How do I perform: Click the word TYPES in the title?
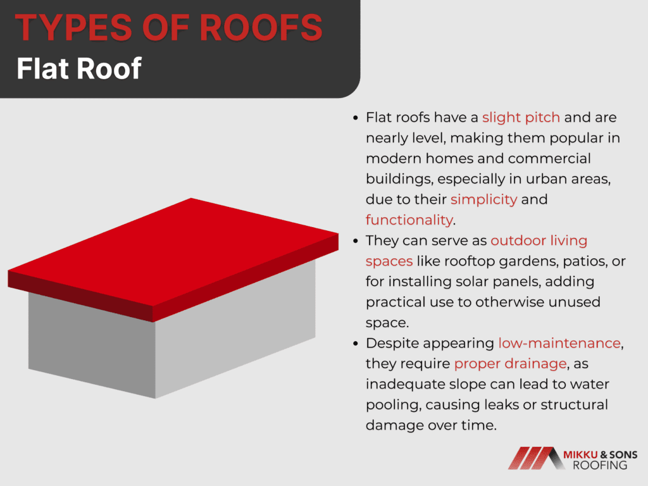click(x=73, y=28)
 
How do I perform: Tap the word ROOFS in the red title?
click(x=261, y=28)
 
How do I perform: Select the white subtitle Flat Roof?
click(x=79, y=68)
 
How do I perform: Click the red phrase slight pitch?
click(x=521, y=117)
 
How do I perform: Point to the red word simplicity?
click(x=483, y=199)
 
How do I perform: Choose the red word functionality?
click(x=409, y=220)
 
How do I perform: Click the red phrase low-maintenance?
click(x=559, y=343)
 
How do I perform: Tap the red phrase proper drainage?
click(x=510, y=364)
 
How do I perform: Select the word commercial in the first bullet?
click(x=549, y=158)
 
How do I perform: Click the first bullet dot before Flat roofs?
click(x=356, y=118)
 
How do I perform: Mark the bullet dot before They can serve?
click(x=356, y=241)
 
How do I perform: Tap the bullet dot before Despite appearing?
click(x=356, y=344)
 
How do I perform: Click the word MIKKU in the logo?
click(x=580, y=455)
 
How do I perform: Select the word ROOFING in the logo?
click(x=600, y=465)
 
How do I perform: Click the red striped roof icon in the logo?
click(x=537, y=458)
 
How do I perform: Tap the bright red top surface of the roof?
click(x=173, y=252)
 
